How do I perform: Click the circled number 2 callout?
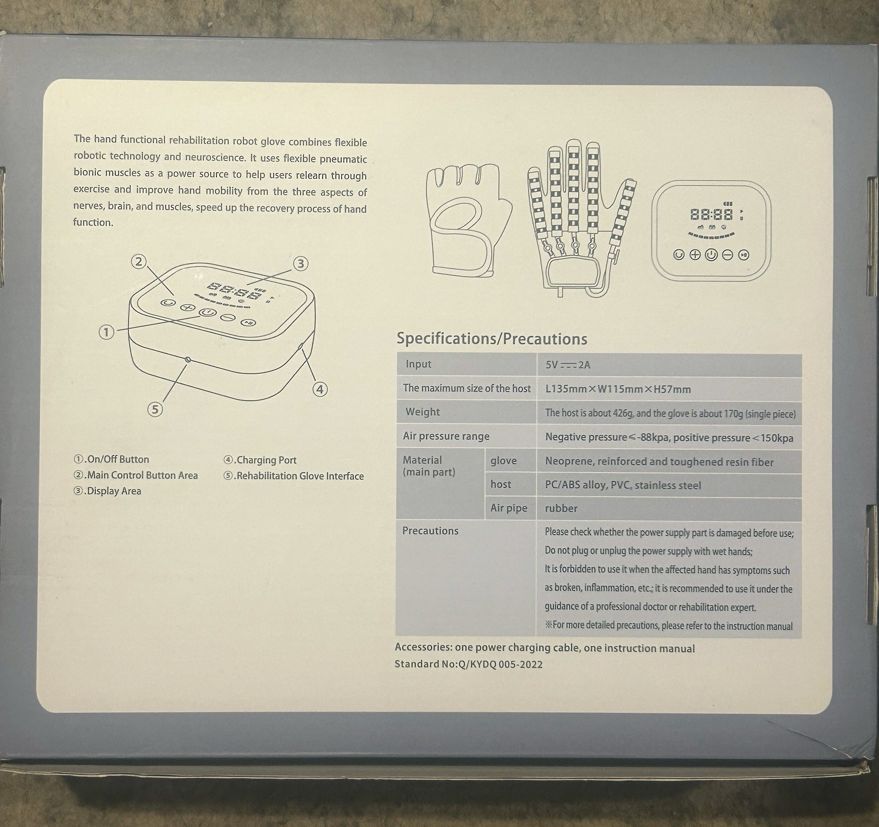[138, 262]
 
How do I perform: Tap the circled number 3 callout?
[300, 263]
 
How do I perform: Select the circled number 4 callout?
[320, 389]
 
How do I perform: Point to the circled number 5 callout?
[155, 409]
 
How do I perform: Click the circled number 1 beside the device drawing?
[106, 332]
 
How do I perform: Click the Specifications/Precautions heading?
[492, 338]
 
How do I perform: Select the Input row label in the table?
[419, 364]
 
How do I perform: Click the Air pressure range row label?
[446, 436]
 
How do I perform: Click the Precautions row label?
[430, 531]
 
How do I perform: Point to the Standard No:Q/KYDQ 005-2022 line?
[469, 664]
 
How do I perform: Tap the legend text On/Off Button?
[111, 459]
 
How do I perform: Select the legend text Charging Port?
[260, 460]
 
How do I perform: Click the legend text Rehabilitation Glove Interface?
[293, 476]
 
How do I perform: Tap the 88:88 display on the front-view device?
[711, 214]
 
